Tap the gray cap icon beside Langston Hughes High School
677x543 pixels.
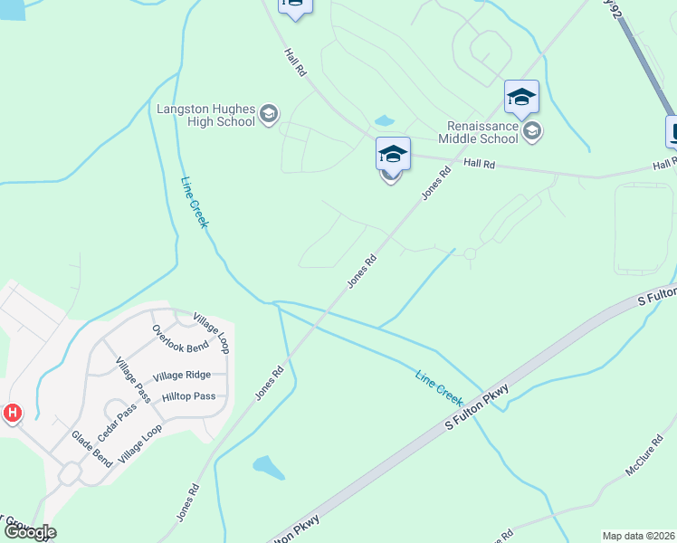[x=268, y=114]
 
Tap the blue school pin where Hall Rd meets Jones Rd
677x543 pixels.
[x=393, y=154]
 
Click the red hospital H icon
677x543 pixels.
[x=12, y=414]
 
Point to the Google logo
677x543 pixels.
[x=29, y=532]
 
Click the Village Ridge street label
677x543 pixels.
[x=182, y=376]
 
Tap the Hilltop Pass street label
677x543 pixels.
[x=188, y=396]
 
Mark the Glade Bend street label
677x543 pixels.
[x=92, y=449]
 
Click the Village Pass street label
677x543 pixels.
[x=132, y=379]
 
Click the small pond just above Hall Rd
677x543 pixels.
[x=385, y=120]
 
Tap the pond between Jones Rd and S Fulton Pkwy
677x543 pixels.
[x=269, y=467]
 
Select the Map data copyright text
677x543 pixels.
[x=639, y=536]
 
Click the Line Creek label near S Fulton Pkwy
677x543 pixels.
[x=439, y=386]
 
